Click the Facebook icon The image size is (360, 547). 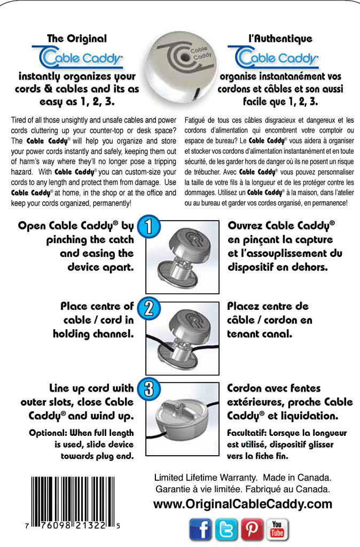coord(200,529)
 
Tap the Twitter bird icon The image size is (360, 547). coord(226,529)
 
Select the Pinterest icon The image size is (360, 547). coord(252,529)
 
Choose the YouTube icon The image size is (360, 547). coord(277,529)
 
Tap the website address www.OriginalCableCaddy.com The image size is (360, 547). coord(242,504)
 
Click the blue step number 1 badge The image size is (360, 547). coord(149,227)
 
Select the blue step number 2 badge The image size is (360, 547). coord(149,308)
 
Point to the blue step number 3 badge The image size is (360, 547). coord(149,389)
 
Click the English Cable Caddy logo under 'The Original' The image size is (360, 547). coord(78,56)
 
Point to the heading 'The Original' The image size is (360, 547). coord(77,38)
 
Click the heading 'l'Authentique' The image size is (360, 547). coord(280,38)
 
